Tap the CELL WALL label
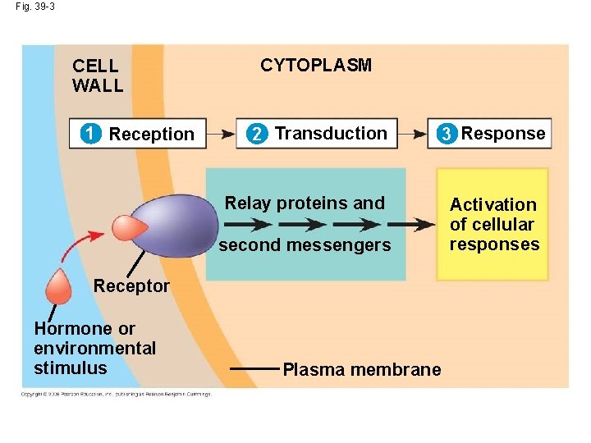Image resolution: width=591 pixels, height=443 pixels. (98, 75)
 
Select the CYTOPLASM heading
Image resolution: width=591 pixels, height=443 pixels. (316, 66)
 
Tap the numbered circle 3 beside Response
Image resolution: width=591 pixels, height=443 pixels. (446, 134)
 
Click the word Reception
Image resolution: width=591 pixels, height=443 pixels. (152, 134)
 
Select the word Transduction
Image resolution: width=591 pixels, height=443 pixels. (331, 133)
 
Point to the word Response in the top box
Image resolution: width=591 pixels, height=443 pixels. (503, 133)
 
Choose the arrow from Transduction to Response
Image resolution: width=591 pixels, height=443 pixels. (413, 132)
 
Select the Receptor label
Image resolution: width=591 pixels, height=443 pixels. (131, 285)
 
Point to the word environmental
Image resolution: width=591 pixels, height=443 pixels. (94, 348)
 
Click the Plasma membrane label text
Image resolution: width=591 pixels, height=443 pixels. (361, 370)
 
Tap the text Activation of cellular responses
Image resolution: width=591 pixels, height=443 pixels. (493, 224)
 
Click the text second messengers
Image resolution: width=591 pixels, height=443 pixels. (305, 244)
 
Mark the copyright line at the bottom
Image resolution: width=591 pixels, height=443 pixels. (116, 394)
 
